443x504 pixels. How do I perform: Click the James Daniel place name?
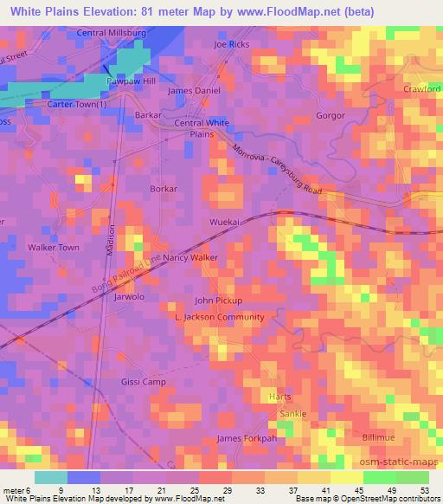pyautogui.click(x=194, y=90)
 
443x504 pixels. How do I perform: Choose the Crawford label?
pyautogui.click(x=422, y=89)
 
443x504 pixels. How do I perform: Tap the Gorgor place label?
pyautogui.click(x=331, y=115)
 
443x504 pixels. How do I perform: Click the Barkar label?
pyautogui.click(x=149, y=114)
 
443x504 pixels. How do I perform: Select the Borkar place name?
pyautogui.click(x=164, y=188)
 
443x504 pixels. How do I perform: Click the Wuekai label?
pyautogui.click(x=224, y=223)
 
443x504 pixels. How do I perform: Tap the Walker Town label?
pyautogui.click(x=54, y=248)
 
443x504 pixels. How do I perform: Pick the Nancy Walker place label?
pyautogui.click(x=189, y=258)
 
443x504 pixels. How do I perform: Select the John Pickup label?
pyautogui.click(x=218, y=300)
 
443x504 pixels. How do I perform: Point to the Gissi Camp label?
pyautogui.click(x=142, y=381)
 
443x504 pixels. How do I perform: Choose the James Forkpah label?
pyautogui.click(x=247, y=438)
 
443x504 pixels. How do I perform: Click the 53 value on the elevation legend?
pyautogui.click(x=425, y=490)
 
